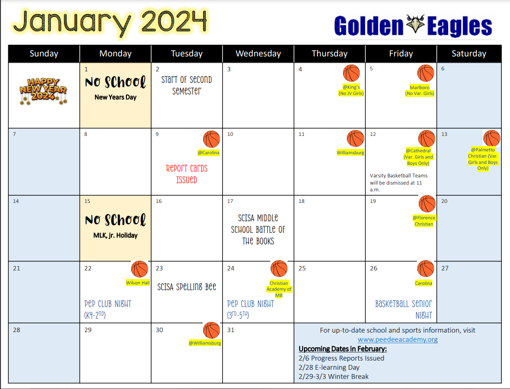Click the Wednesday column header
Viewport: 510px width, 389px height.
(258, 54)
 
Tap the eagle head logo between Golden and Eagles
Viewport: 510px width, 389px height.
(415, 24)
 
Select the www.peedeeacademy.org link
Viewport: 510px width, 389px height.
(398, 340)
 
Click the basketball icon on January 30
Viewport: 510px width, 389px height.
(211, 330)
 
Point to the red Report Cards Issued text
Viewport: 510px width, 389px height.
(187, 174)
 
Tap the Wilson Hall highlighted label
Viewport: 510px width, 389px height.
(138, 283)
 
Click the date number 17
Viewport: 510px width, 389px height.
(230, 201)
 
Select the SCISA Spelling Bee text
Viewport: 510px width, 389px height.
(187, 287)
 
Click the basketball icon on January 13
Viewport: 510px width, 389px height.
(492, 138)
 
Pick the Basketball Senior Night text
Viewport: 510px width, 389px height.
(404, 309)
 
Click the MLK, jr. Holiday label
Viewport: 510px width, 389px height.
(115, 235)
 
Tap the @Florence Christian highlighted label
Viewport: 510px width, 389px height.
(424, 221)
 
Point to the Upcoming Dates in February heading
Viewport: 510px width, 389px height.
(343, 349)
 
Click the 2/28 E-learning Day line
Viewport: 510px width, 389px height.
(329, 368)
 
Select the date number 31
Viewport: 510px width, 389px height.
(231, 330)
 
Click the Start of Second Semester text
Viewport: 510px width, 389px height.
(187, 85)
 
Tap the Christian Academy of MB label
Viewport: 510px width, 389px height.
(279, 289)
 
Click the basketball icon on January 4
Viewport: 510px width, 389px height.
(351, 73)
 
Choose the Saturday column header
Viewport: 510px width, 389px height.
(469, 54)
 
